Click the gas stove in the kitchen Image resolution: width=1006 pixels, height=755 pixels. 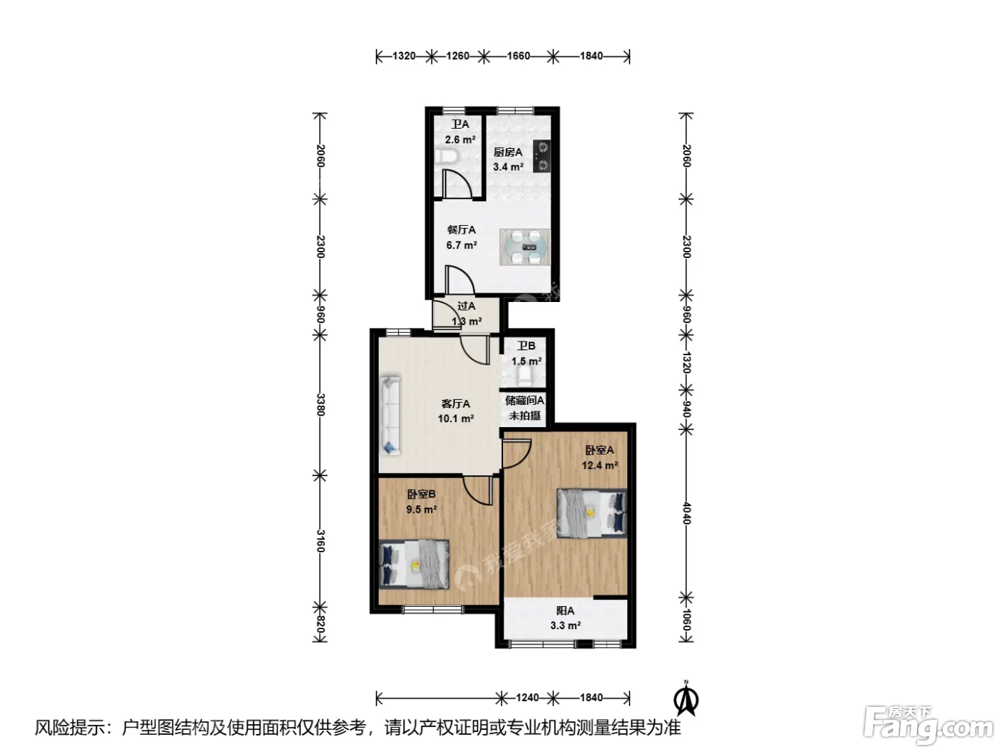coord(542,156)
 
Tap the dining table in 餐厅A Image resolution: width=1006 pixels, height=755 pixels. coord(525,247)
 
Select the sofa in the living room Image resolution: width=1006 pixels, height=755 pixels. coord(389,416)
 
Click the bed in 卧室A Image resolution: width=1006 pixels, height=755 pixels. coord(591,513)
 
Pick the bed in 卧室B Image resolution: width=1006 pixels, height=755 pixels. coord(415,564)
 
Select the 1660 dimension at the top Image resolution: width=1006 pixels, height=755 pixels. coord(518,56)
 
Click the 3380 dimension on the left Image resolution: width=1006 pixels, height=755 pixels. coord(320,405)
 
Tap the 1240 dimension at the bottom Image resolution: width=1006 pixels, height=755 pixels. coord(527,697)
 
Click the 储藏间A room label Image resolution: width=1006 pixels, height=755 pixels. coord(525,401)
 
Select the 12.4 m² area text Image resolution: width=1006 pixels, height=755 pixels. coord(599,466)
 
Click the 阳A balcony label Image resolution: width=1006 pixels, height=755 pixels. coord(565,610)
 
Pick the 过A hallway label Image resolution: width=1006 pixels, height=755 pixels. coord(466,306)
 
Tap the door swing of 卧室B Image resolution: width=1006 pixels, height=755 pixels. coord(478,490)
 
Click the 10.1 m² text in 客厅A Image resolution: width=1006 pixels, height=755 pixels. coord(456,418)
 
